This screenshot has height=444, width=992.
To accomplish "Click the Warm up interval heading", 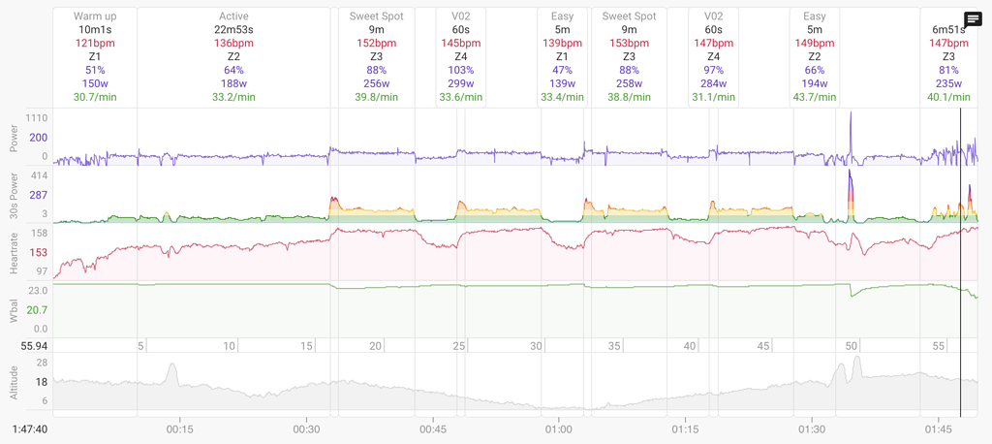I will point(95,16).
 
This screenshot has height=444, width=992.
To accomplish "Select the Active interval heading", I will point(233,16).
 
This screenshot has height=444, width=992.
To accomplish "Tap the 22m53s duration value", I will point(233,30).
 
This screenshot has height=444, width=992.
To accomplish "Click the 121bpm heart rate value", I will point(95,44).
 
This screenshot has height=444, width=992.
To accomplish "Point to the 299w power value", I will point(461,83).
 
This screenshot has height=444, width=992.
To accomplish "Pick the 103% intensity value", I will point(461,70).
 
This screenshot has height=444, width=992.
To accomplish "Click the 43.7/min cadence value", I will point(815,97).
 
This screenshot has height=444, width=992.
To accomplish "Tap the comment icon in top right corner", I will point(974,19).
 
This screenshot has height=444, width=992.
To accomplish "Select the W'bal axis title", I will point(14,310).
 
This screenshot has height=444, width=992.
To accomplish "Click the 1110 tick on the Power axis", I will point(38,116).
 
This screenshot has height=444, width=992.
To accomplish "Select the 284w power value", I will point(713,83).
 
